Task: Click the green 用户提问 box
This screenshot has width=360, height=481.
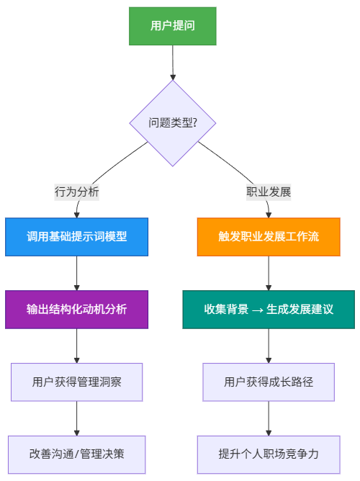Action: tap(172, 26)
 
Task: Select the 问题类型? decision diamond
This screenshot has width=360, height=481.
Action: tap(172, 123)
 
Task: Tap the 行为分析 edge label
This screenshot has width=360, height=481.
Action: tap(77, 192)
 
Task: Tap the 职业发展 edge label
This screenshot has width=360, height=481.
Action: tap(269, 192)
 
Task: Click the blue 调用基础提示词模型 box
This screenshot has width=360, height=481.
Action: tap(77, 237)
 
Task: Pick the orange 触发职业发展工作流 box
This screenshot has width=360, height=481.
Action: tap(269, 237)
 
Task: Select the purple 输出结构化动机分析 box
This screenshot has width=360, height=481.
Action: tap(77, 310)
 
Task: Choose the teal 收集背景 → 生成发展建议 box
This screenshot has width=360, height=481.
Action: tap(269, 310)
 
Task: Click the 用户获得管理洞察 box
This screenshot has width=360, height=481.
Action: tap(77, 382)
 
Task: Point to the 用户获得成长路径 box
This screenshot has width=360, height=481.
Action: tap(269, 382)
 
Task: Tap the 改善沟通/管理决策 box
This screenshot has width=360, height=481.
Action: tap(77, 454)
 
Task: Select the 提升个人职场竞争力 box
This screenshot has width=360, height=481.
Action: tap(269, 454)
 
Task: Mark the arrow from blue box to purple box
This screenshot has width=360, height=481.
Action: tap(77, 274)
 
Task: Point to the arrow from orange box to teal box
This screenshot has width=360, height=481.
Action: tap(269, 274)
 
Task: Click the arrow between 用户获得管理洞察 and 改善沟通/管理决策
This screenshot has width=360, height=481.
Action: tap(77, 418)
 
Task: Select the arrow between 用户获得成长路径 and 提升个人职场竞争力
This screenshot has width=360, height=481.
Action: tap(269, 418)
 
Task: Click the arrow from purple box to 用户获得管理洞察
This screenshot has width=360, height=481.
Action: tap(77, 346)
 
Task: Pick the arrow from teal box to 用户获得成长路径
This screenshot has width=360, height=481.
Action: tap(269, 346)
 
